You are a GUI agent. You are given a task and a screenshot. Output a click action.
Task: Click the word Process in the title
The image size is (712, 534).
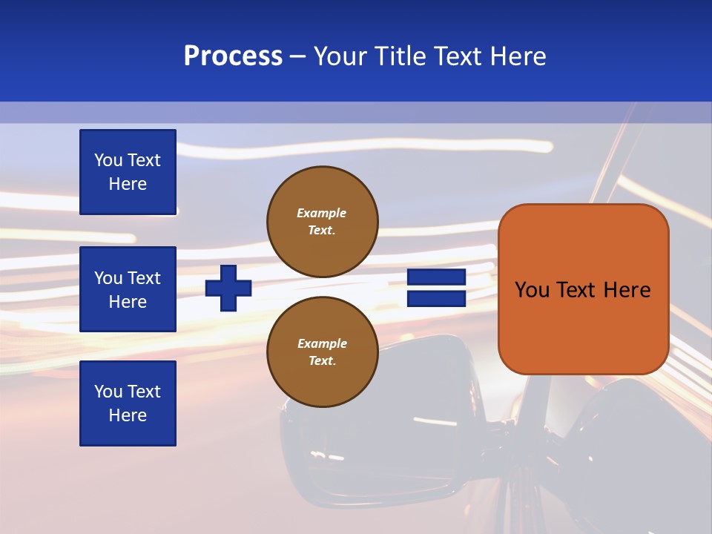[233, 56]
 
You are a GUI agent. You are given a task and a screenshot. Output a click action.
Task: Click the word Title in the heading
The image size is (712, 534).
[400, 56]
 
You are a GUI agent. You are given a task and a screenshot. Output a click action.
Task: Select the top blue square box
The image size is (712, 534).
[128, 172]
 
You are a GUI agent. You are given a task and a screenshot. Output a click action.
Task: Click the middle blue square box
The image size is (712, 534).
[128, 289]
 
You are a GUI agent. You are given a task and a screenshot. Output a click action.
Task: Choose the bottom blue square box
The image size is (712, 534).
[128, 403]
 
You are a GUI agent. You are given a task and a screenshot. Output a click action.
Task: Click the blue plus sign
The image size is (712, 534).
[228, 288]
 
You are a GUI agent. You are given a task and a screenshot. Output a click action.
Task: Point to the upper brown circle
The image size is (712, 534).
[323, 222]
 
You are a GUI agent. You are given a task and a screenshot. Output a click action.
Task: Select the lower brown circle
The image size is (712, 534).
[323, 352]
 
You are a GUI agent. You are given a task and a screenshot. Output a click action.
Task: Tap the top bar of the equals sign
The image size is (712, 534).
[436, 277]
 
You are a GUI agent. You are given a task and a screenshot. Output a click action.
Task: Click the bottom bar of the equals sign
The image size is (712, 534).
[436, 299]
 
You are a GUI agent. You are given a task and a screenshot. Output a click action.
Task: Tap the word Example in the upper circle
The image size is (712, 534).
[321, 214]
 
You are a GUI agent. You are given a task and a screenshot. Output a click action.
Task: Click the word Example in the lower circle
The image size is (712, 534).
[322, 344]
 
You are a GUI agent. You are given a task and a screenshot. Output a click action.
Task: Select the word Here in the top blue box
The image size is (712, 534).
[128, 185]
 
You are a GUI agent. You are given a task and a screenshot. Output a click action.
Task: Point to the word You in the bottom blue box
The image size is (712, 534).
[108, 392]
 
